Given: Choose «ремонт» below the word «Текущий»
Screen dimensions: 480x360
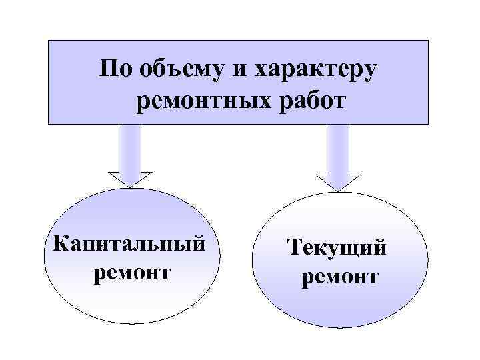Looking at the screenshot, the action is coord(340,276).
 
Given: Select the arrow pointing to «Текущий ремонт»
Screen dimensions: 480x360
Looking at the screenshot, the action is coord(338,157).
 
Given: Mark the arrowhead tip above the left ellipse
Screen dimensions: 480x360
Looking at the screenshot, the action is coord(131,185).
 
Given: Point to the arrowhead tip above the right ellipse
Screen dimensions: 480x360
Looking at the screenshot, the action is coord(339,189).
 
